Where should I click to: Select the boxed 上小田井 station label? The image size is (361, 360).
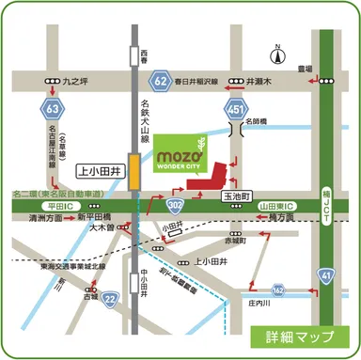point(99,171)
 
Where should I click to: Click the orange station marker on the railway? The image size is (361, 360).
point(135,173)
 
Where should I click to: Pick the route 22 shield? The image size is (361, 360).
point(110,298)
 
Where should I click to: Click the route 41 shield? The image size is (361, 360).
point(326,274)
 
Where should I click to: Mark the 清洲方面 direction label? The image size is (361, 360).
point(46,216)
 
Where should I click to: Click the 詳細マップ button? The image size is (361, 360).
point(300,336)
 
